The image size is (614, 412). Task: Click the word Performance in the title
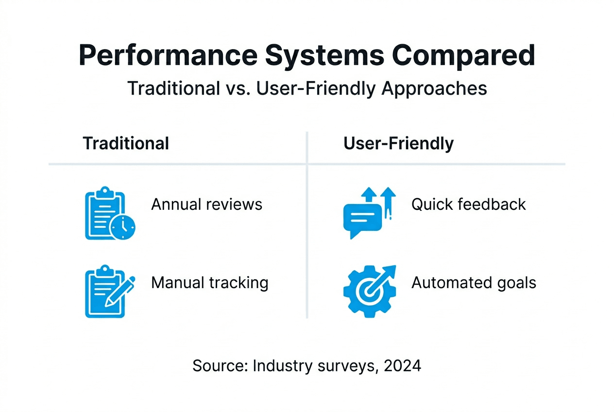pyautogui.click(x=168, y=55)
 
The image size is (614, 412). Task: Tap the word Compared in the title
pyautogui.click(x=463, y=56)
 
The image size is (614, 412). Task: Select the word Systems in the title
pyautogui.click(x=325, y=56)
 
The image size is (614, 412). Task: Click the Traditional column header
pyautogui.click(x=126, y=143)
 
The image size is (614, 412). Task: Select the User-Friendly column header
pyautogui.click(x=398, y=144)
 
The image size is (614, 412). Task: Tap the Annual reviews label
pyautogui.click(x=206, y=205)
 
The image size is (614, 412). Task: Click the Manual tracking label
pyautogui.click(x=210, y=283)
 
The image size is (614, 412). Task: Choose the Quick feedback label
pyautogui.click(x=468, y=205)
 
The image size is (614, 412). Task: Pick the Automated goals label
pyautogui.click(x=474, y=283)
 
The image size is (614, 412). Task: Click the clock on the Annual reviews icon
pyautogui.click(x=122, y=227)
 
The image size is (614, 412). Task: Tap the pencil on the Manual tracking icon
pyautogui.click(x=120, y=291)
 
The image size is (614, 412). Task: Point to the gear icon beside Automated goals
pyautogui.click(x=370, y=292)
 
